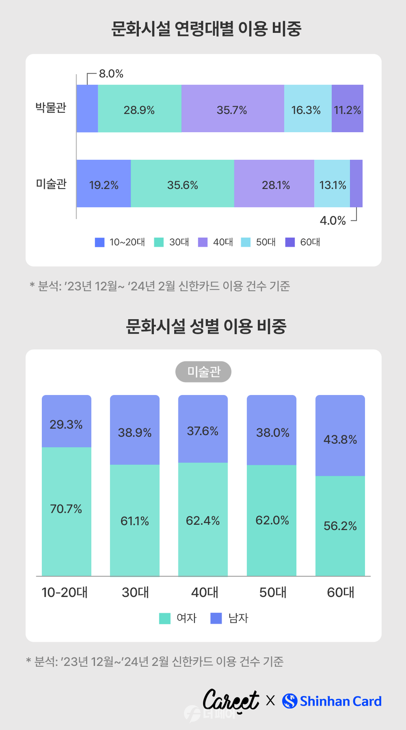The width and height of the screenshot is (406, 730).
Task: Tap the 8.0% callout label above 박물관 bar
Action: click(111, 74)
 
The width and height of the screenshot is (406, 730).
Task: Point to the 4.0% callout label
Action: click(332, 221)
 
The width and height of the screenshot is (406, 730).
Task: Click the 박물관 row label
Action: click(51, 108)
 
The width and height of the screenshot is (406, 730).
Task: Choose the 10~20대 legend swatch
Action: click(100, 242)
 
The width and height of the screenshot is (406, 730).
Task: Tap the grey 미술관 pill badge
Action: click(203, 372)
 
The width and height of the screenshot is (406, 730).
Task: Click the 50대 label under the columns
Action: click(272, 592)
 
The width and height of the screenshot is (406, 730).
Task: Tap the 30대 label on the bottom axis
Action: click(135, 592)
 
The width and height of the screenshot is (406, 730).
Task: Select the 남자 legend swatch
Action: click(216, 618)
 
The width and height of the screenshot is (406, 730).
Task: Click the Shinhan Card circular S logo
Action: click(290, 701)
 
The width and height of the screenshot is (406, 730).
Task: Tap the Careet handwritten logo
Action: click(231, 700)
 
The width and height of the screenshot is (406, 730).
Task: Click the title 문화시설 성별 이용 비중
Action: click(206, 326)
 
